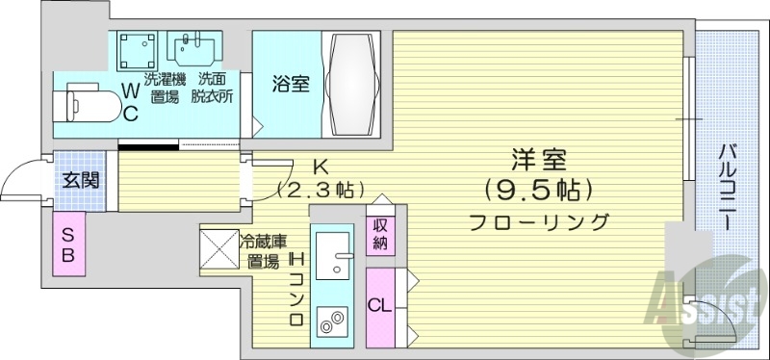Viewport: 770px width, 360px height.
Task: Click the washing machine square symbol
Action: (137, 48)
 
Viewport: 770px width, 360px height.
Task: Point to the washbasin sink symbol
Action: (192, 47)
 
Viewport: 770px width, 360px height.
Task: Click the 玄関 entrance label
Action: (78, 179)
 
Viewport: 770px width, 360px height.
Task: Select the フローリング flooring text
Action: (539, 222)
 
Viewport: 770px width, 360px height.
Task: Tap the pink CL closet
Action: (379, 307)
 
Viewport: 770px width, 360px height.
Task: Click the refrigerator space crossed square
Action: (218, 246)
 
